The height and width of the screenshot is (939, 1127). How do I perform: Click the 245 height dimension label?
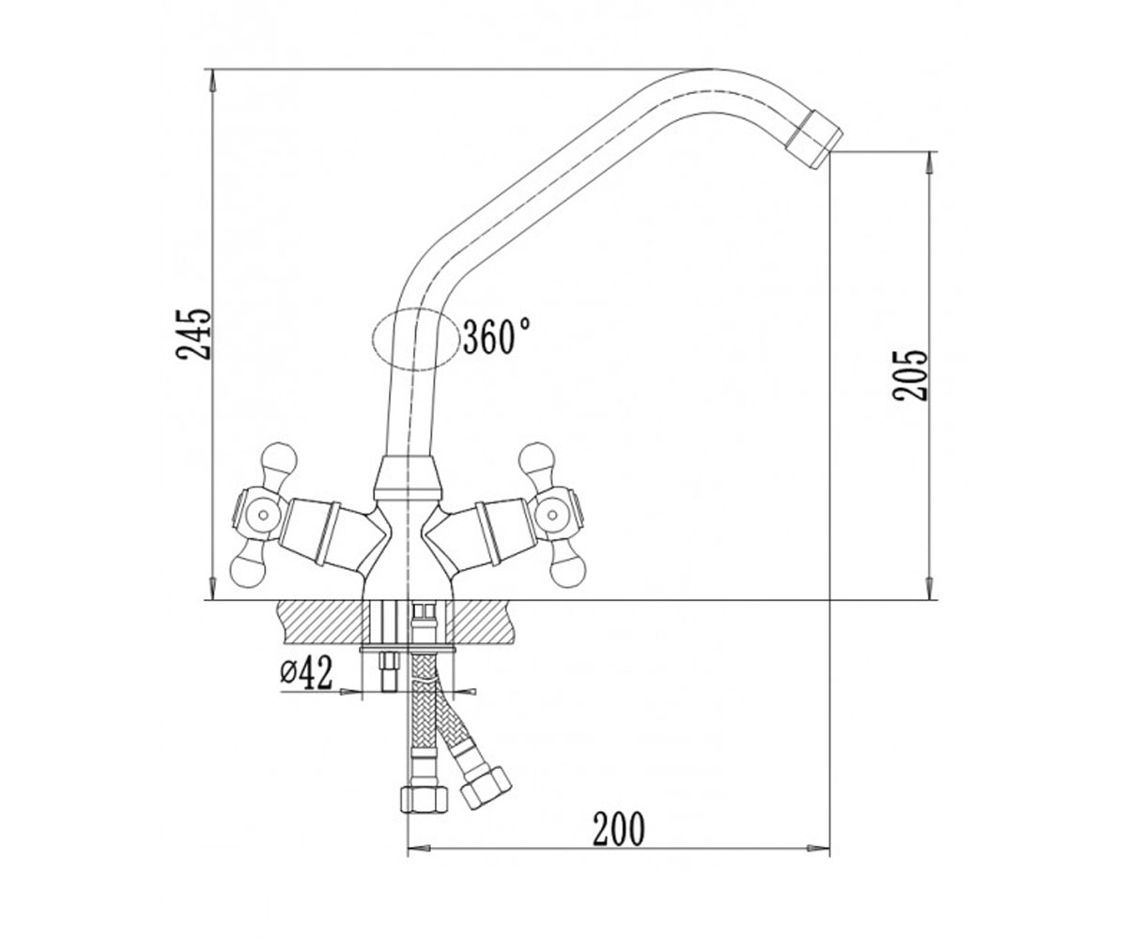(x=193, y=334)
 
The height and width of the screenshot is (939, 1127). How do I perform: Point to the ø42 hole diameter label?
(x=306, y=672)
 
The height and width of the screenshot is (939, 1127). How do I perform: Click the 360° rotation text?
(x=497, y=335)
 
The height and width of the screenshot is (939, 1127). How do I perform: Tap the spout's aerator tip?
(x=814, y=139)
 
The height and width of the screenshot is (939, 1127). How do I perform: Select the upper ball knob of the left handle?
(x=279, y=460)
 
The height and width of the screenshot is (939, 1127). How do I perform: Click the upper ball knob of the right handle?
(x=535, y=460)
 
